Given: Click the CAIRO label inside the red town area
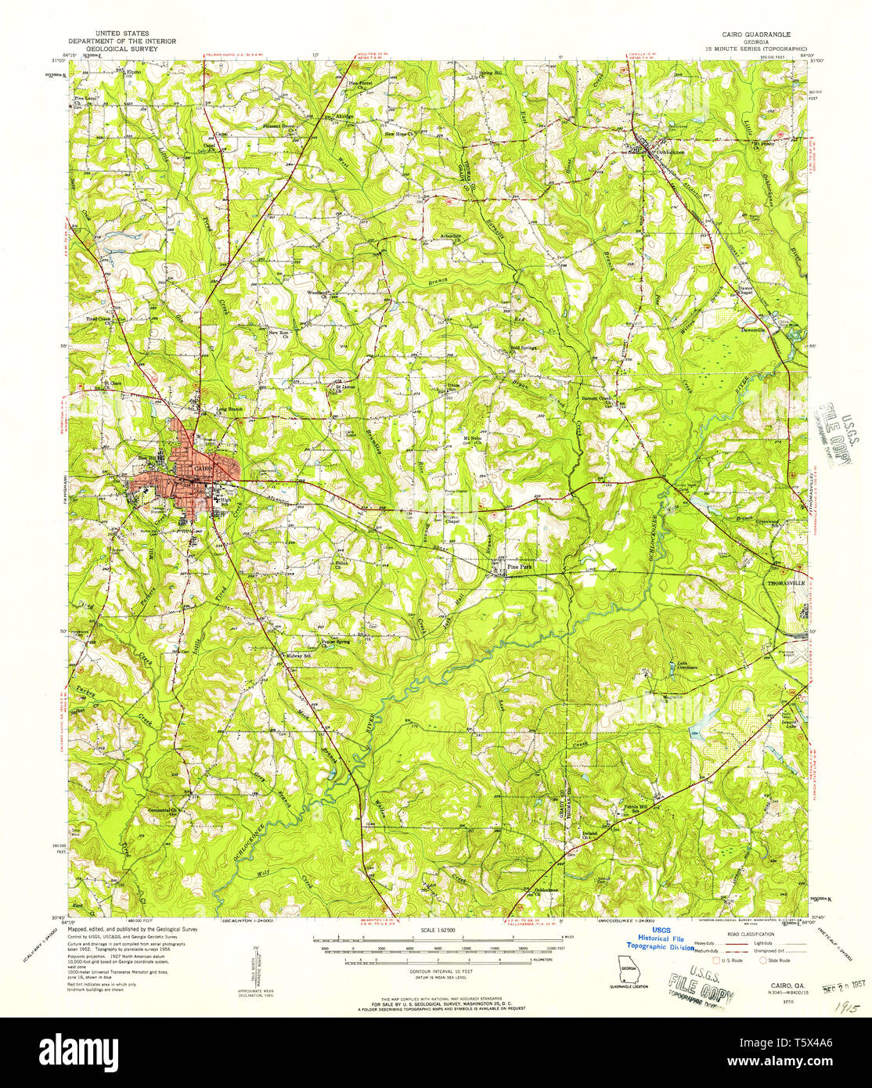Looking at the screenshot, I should [x=191, y=468].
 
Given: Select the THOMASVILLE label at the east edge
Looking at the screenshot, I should [x=785, y=583].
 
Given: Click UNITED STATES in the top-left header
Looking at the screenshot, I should [x=121, y=34].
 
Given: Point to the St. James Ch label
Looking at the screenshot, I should [x=345, y=386].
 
